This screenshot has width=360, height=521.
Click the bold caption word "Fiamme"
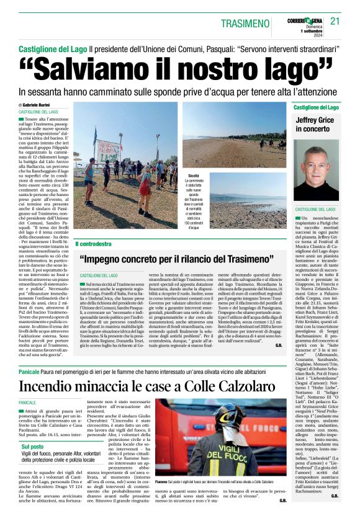(x=163, y=500)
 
